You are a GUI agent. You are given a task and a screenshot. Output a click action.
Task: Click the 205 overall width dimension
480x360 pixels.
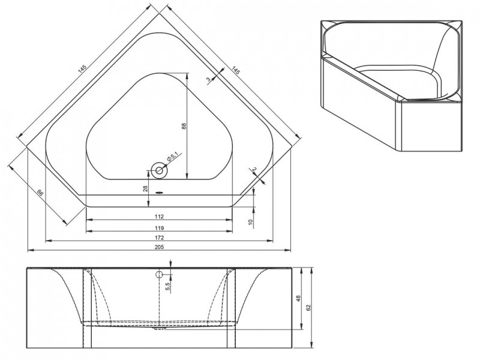point(159,247)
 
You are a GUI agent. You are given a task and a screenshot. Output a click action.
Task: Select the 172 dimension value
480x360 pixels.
point(159,238)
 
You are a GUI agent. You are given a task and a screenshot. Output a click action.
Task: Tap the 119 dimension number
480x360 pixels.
point(159,227)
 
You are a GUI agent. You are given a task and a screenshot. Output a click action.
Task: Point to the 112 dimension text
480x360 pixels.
point(159,217)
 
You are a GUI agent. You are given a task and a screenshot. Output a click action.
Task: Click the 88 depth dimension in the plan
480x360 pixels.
point(184,125)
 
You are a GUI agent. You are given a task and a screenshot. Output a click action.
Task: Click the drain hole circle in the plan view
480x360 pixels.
point(160,170)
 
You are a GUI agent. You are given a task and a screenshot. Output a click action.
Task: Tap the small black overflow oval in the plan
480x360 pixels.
point(160,193)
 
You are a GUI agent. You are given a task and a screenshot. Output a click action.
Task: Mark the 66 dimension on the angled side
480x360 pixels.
point(40,193)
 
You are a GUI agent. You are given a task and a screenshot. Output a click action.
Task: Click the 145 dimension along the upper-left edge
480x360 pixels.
point(83,70)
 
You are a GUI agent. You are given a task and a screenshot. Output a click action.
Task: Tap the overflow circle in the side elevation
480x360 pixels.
point(160,275)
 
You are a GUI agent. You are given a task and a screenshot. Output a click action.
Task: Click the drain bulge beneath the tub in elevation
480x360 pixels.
point(159,328)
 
